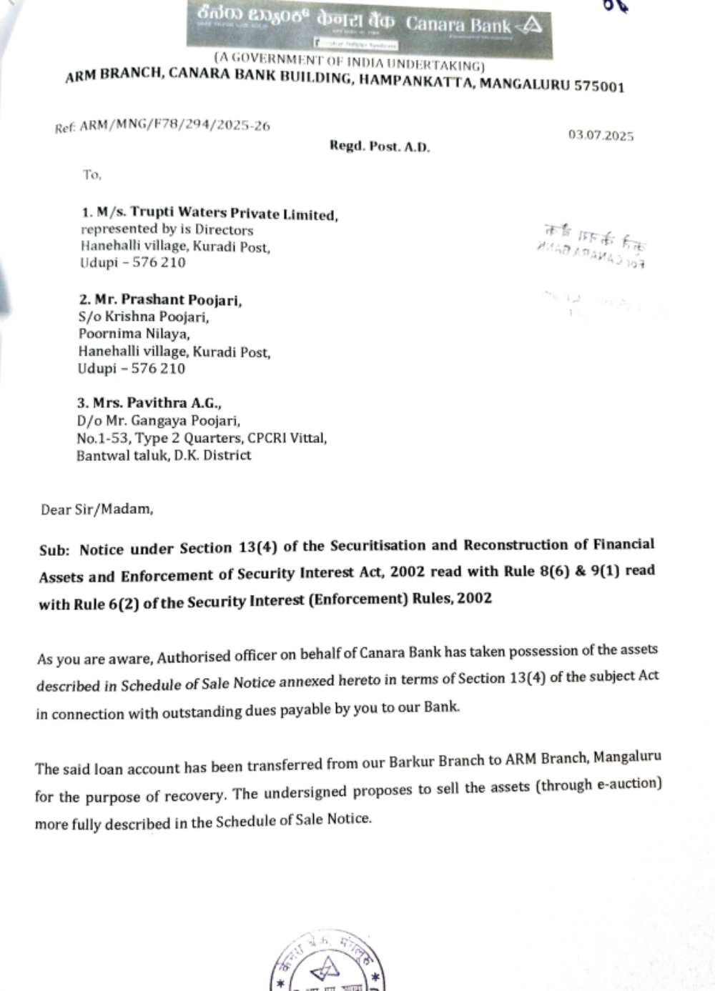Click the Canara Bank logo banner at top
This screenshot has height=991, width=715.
click(x=369, y=27)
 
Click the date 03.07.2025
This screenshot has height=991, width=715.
click(x=601, y=135)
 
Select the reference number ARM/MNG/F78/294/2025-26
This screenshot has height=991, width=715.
click(x=174, y=126)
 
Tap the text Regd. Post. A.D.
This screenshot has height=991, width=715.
click(x=379, y=146)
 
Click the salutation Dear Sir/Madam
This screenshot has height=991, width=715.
click(x=97, y=509)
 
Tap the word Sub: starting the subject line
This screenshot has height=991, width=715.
click(x=54, y=550)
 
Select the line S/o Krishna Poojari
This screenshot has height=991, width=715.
click(x=143, y=317)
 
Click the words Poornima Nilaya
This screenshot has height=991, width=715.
click(x=134, y=334)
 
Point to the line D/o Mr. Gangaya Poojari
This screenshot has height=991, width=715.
click(x=158, y=421)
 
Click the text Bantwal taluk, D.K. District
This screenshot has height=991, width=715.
click(x=164, y=455)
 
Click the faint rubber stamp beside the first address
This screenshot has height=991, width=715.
click(x=592, y=245)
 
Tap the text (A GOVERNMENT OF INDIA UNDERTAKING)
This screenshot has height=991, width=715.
click(x=349, y=61)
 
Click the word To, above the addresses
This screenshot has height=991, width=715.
click(x=92, y=174)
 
